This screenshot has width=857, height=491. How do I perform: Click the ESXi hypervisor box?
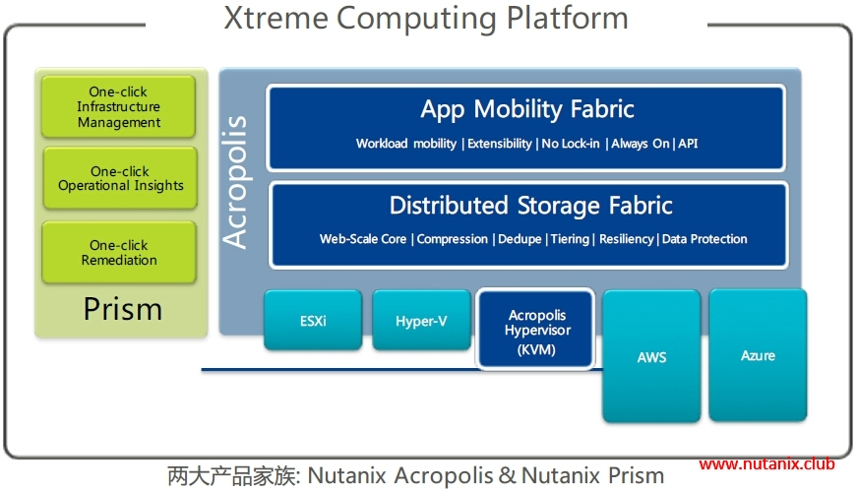312,321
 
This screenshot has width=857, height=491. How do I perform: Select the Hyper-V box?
421,321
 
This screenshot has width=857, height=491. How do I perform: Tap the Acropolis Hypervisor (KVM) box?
536,329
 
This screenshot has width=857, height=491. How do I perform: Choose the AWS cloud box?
651,356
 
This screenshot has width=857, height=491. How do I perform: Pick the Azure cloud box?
758,354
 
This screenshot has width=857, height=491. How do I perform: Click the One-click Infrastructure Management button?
119,107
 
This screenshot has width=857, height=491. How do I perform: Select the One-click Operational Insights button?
120,178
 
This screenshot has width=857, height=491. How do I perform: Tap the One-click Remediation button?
119,253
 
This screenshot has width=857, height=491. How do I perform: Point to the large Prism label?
122,309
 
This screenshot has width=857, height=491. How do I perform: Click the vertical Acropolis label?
235,183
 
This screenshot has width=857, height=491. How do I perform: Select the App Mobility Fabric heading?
527,108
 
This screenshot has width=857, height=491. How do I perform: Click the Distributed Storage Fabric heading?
530,206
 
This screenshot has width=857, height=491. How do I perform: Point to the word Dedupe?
520,239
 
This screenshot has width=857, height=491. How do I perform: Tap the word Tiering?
570,239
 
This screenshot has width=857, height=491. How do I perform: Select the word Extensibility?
501,144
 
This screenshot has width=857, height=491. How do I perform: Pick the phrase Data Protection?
704,239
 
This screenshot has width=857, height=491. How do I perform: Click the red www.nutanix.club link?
766,464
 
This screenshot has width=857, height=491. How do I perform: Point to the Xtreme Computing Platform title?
425,17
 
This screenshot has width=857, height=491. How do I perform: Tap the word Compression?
453,239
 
